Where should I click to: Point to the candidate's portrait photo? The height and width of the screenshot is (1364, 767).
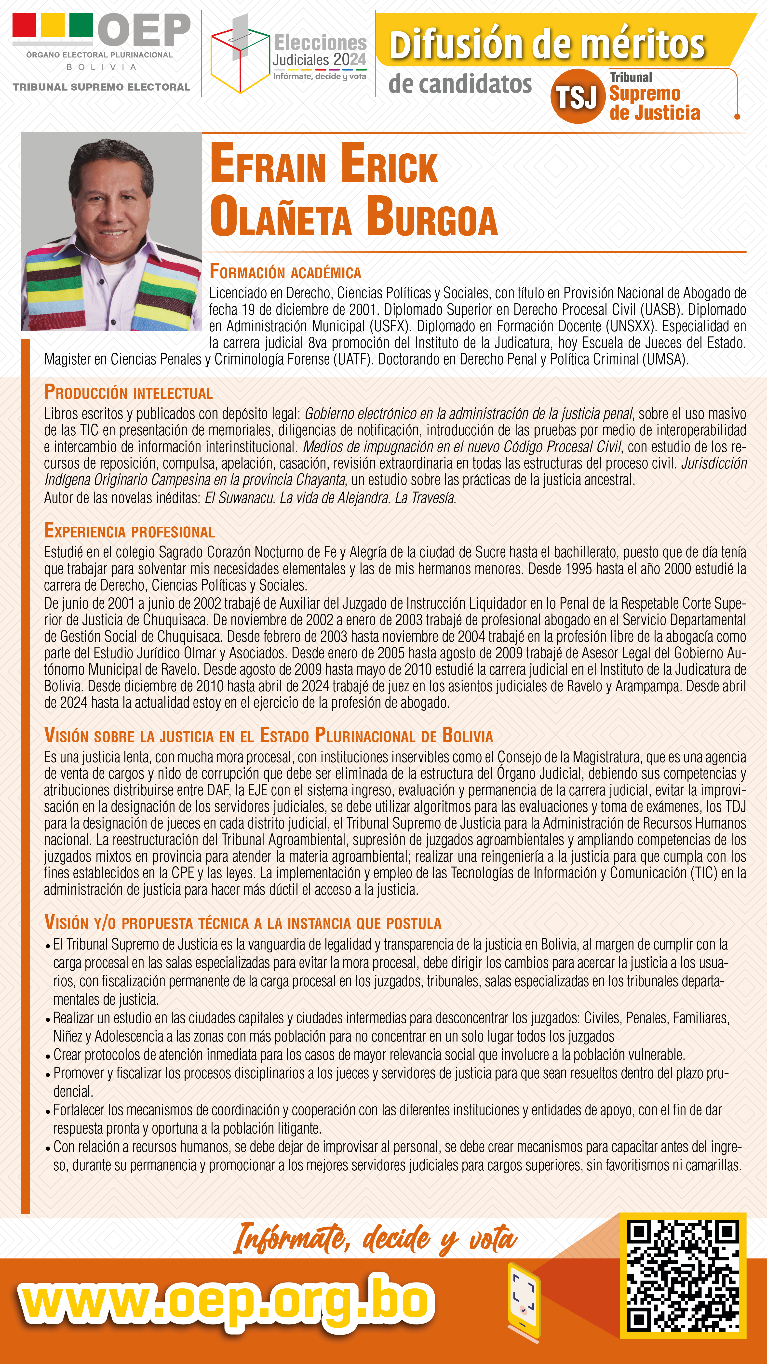coord(111,231)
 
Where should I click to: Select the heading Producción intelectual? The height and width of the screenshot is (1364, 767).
coord(128,392)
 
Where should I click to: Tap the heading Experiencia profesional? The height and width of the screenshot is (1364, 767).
coord(129,531)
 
